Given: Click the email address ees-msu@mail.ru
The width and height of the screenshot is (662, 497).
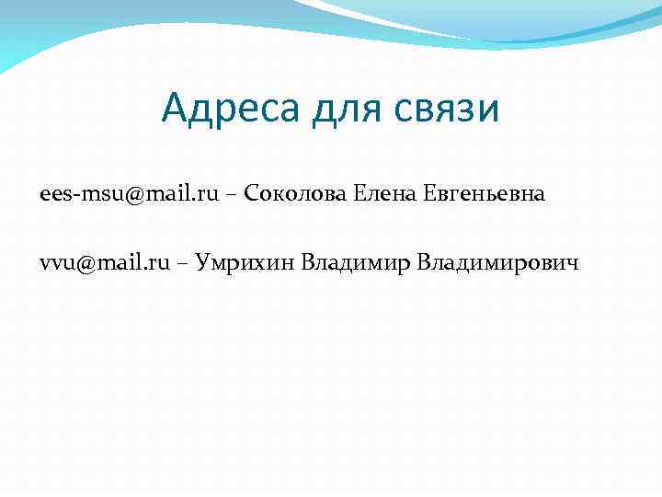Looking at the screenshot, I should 130,194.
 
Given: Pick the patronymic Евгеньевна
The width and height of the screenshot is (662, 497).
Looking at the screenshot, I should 485,194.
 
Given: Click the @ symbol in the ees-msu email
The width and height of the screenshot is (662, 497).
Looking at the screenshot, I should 136,195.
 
